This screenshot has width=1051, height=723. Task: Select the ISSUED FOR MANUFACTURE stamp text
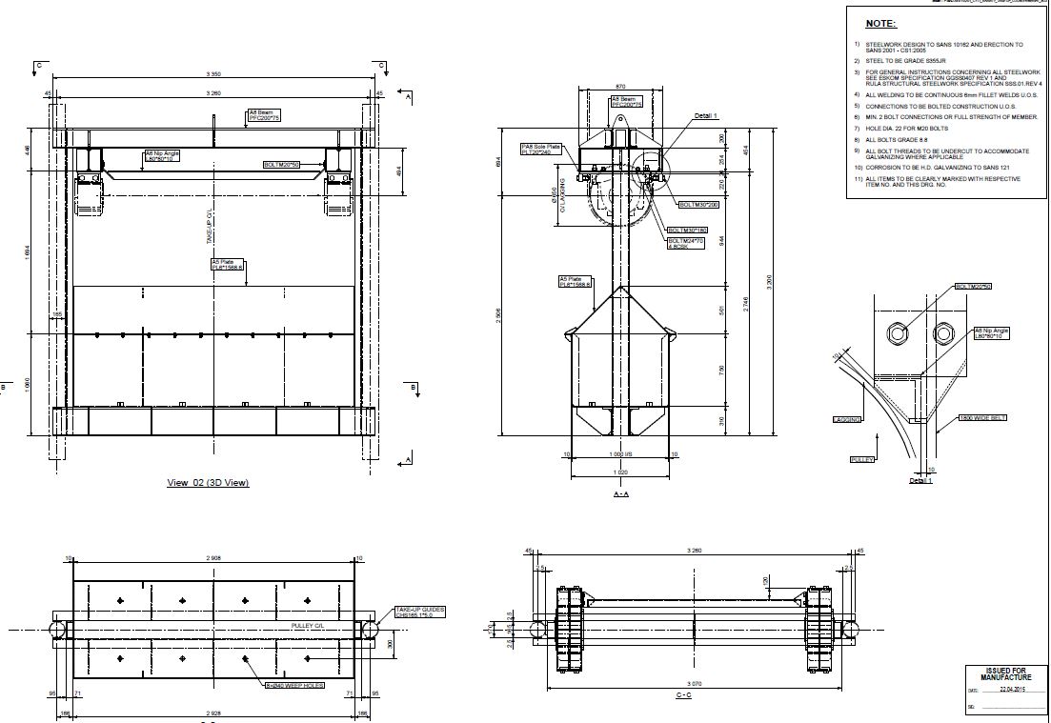click(x=999, y=674)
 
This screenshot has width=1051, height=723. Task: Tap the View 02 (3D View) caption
click(x=208, y=483)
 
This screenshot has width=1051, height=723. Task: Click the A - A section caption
click(x=621, y=494)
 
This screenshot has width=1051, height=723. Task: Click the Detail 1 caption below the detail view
click(x=920, y=481)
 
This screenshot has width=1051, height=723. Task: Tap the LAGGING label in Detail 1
click(x=845, y=419)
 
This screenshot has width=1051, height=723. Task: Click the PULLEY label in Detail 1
click(x=861, y=460)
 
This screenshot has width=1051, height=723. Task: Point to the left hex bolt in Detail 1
click(x=897, y=333)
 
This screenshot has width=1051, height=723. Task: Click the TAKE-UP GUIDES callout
click(x=419, y=612)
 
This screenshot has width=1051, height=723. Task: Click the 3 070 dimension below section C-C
click(x=695, y=683)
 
